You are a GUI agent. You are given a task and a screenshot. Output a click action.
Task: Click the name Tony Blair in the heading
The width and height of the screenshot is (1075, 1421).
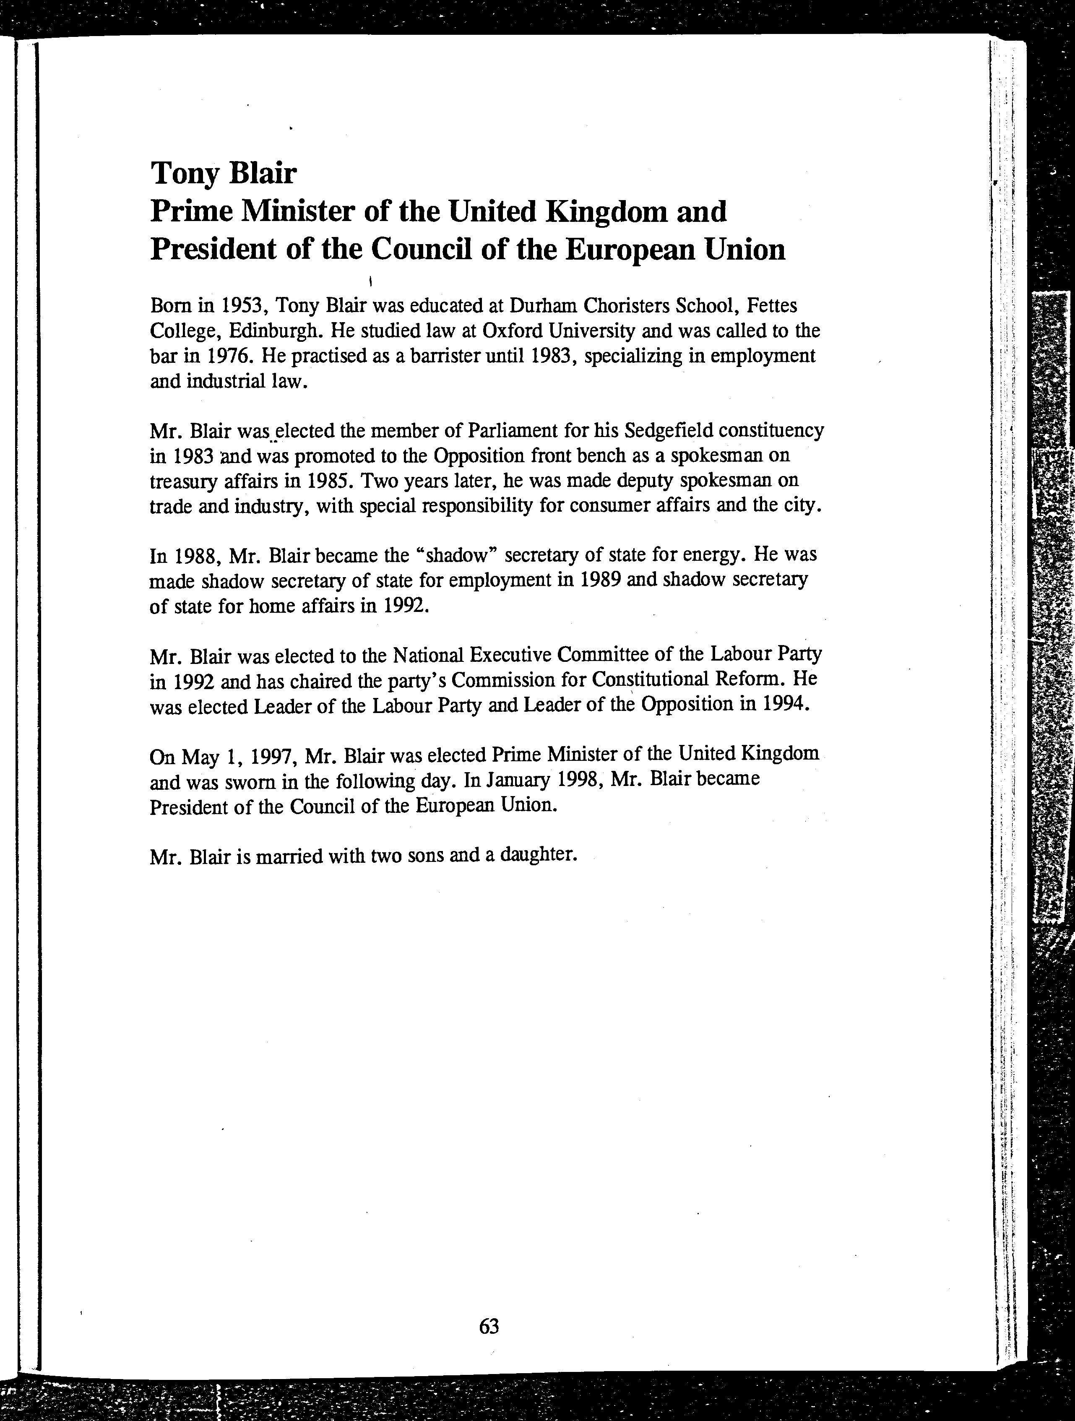pos(223,174)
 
